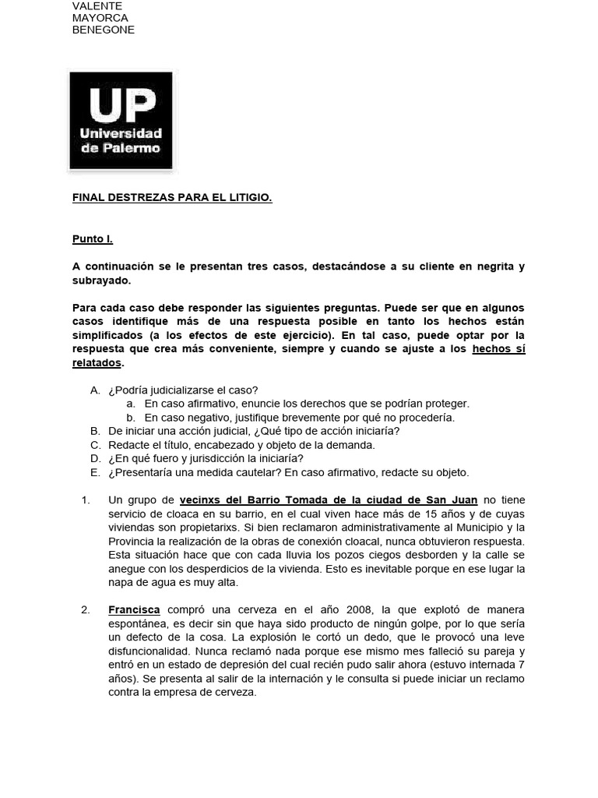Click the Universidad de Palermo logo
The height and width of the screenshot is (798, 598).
click(x=121, y=121)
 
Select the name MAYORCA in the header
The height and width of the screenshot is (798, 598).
click(x=100, y=18)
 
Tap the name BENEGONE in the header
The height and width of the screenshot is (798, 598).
click(x=104, y=30)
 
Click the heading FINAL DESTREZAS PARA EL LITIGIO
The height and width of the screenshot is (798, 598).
click(x=172, y=198)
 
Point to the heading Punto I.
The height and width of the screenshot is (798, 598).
click(x=93, y=239)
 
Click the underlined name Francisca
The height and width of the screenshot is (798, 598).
click(x=134, y=609)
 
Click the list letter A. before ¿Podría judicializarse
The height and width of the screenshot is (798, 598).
click(x=95, y=390)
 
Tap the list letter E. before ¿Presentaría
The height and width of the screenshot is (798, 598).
click(x=95, y=472)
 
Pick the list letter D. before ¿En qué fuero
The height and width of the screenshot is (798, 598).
click(x=95, y=458)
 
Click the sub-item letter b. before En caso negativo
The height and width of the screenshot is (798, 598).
click(x=131, y=417)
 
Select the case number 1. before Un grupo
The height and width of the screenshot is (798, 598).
click(x=86, y=500)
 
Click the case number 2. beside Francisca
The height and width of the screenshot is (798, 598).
click(x=86, y=609)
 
